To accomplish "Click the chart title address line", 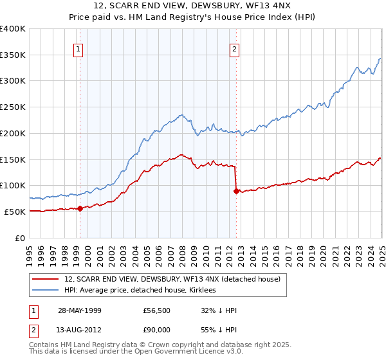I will point(193,7).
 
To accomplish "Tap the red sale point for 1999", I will point(80,208).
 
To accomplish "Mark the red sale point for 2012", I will point(236,190).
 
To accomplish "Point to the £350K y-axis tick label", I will point(14,55).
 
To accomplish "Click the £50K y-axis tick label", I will point(15,212).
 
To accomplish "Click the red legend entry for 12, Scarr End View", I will point(172,280).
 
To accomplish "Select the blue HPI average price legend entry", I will point(143,291).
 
